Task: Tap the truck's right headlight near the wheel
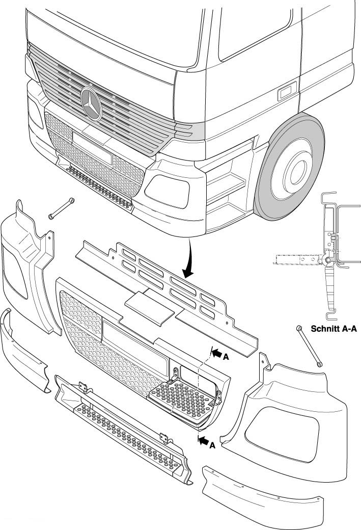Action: pos(167,191)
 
